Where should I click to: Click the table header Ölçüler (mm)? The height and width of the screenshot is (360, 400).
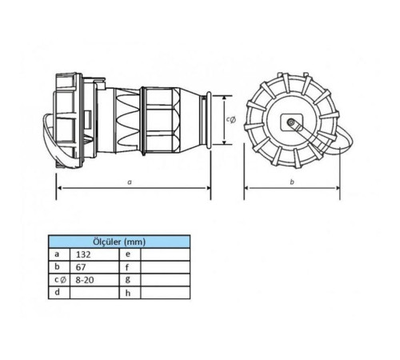119,242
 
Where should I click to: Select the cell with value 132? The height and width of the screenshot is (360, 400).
94,254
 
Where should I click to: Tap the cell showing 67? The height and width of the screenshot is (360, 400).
94,267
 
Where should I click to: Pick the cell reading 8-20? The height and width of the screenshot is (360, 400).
94,280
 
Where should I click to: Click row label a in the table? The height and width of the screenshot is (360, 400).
57,254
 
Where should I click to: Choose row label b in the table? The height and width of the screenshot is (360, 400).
57,266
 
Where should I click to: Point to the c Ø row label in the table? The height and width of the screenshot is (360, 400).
60,280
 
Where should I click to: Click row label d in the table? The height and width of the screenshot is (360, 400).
57,292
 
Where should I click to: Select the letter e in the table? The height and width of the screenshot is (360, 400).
128,254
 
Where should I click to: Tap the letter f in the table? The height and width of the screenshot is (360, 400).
127,267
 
